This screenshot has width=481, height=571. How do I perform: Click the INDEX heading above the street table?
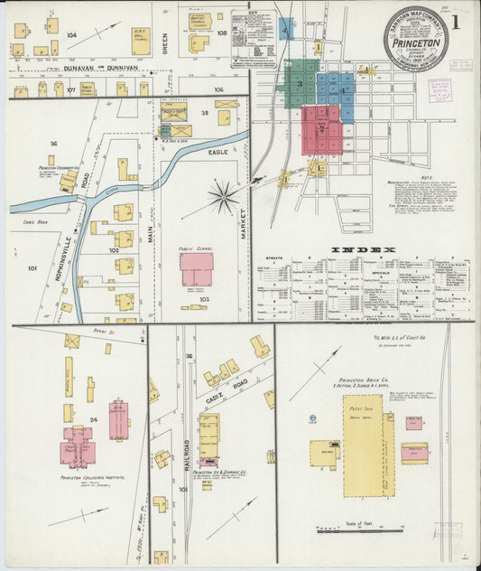click(363, 250)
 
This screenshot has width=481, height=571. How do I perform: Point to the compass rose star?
click(223, 196)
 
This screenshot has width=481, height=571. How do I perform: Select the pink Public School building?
click(197, 269)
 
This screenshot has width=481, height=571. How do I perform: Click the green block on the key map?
click(301, 83)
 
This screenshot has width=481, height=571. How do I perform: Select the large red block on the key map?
click(320, 129)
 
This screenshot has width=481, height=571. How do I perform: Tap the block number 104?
click(71, 34)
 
